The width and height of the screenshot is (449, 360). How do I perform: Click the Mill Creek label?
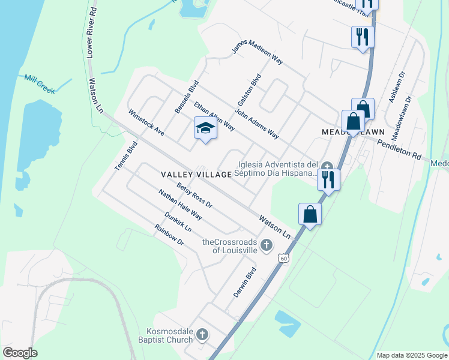pyautogui.click(x=40, y=83)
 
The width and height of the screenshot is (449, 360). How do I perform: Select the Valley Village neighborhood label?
pyautogui.click(x=196, y=174)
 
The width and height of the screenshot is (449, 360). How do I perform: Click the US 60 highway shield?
pyautogui.click(x=283, y=257)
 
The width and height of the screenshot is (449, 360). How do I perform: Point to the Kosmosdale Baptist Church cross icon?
pyautogui.click(x=203, y=334)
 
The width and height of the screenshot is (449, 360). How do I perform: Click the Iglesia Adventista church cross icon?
pyautogui.click(x=327, y=166)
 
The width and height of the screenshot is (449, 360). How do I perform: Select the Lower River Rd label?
pyautogui.click(x=91, y=33)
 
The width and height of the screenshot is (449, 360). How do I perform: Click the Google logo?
pyautogui.click(x=20, y=353)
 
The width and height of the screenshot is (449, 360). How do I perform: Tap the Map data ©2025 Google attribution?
pyautogui.click(x=412, y=355)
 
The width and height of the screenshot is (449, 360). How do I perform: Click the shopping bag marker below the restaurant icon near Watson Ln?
pyautogui.click(x=310, y=214)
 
